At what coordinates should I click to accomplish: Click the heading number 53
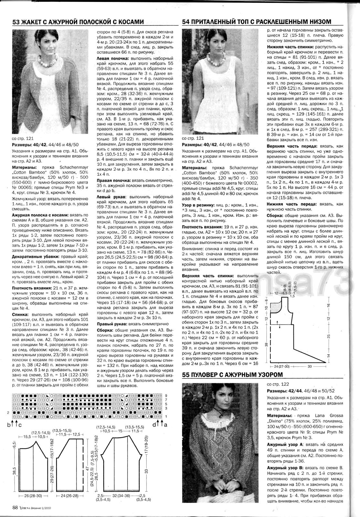(x=16, y=22)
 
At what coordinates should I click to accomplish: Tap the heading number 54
(x=186, y=22)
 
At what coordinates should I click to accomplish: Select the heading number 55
(x=186, y=375)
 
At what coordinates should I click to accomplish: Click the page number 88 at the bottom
(x=15, y=507)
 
